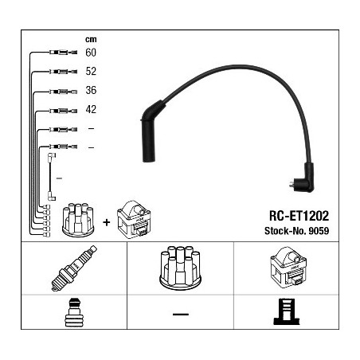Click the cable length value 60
91,53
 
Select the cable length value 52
91,71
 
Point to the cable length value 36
91,90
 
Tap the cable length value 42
91,109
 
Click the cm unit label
91,40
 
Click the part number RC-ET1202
299,216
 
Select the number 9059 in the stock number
319,231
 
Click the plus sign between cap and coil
106,222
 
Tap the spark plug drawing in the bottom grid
74,268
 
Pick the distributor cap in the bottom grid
180,268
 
